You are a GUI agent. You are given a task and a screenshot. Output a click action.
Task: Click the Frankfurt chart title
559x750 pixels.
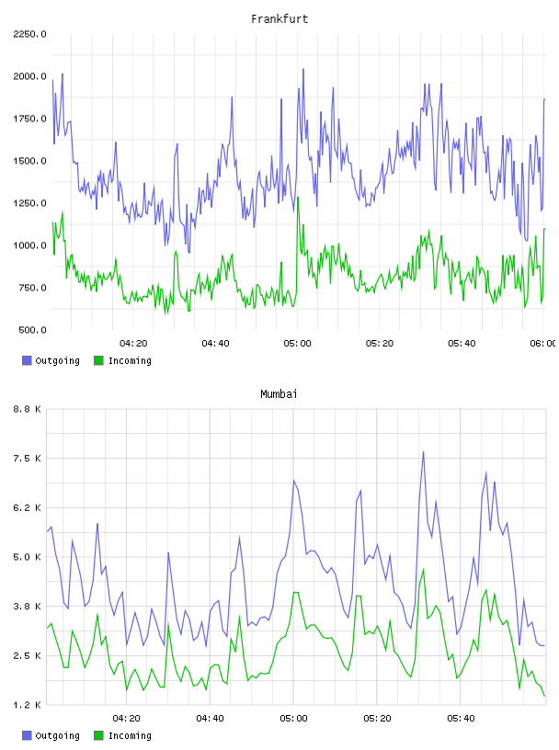pyautogui.click(x=279, y=19)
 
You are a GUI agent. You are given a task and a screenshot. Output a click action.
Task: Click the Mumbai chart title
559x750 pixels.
pyautogui.click(x=279, y=394)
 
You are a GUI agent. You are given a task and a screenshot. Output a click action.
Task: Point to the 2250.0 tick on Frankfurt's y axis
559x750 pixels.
pyautogui.click(x=29, y=34)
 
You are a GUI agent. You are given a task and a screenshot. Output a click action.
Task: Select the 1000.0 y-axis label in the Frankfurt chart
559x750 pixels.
pyautogui.click(x=29, y=245)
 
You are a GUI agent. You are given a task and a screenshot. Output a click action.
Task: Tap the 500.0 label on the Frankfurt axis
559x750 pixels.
pyautogui.click(x=32, y=330)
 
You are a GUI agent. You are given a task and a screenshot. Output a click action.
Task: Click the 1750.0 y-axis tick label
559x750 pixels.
pyautogui.click(x=29, y=119)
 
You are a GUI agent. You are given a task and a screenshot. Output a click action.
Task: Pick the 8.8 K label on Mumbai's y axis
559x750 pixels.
pyautogui.click(x=27, y=409)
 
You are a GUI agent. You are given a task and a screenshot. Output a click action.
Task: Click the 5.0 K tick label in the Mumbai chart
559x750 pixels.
pyautogui.click(x=27, y=557)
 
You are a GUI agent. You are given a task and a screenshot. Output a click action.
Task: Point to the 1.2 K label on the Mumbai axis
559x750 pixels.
pyautogui.click(x=27, y=705)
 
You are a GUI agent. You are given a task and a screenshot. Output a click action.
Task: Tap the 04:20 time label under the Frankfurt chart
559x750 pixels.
pyautogui.click(x=133, y=344)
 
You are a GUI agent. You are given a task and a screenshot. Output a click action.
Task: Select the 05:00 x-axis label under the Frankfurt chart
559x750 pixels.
pyautogui.click(x=297, y=344)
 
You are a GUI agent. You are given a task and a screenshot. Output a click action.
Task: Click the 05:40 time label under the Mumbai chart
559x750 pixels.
pyautogui.click(x=461, y=719)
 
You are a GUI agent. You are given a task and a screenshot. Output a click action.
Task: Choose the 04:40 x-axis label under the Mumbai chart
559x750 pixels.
pyautogui.click(x=211, y=719)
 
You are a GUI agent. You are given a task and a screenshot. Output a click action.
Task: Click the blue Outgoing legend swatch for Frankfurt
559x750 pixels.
pyautogui.click(x=27, y=360)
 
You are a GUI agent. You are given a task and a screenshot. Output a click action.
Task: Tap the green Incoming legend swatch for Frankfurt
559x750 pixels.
pyautogui.click(x=98, y=360)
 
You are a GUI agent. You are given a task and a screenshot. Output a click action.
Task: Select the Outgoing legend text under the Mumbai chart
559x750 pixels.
pyautogui.click(x=57, y=735)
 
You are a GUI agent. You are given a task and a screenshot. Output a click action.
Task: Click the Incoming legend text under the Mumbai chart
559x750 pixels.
pyautogui.click(x=130, y=735)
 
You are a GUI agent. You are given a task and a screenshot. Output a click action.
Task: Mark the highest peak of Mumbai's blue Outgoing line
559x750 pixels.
pyautogui.click(x=423, y=451)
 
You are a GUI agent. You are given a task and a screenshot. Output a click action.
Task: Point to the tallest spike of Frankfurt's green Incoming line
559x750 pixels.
pyautogui.click(x=298, y=198)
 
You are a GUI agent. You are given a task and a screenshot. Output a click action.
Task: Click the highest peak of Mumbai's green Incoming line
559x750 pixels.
pyautogui.click(x=423, y=570)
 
